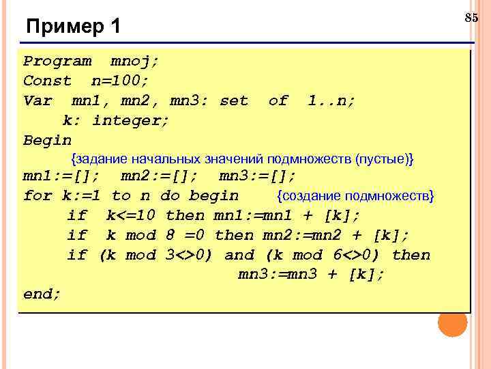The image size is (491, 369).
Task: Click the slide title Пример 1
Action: [73, 27]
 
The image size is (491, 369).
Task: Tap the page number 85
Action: [471, 18]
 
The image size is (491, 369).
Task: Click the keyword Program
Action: [57, 61]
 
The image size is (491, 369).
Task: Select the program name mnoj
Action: [134, 61]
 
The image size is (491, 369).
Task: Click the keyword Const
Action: [47, 81]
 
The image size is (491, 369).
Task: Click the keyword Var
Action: [38, 101]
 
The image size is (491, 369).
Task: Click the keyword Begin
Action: [47, 141]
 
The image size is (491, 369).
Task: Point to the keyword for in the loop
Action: [38, 196]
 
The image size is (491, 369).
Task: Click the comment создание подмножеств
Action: [355, 197]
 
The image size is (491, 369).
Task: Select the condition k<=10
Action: [131, 216]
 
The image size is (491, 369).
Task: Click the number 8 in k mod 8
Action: [170, 236]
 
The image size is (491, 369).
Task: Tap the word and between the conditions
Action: [239, 256]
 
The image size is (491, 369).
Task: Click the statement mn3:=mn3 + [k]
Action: [311, 275]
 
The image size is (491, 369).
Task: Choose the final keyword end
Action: [42, 295]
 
